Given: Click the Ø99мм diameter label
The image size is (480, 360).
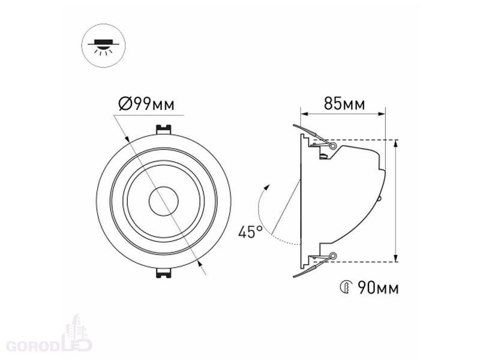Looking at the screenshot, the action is point(146,103).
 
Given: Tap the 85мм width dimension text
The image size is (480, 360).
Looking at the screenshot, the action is point(344,103).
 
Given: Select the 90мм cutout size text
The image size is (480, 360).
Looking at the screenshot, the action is point(379,288).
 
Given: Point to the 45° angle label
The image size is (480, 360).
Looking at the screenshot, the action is point(250,232).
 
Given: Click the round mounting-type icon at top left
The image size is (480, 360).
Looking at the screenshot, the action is point(103,46).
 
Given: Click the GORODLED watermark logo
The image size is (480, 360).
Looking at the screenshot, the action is point(49,336).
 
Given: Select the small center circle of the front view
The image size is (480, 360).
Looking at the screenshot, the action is point(163,201).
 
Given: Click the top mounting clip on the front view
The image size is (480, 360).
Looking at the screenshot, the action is point(163,129).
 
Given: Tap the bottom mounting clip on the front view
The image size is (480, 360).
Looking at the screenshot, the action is point(163,273).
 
